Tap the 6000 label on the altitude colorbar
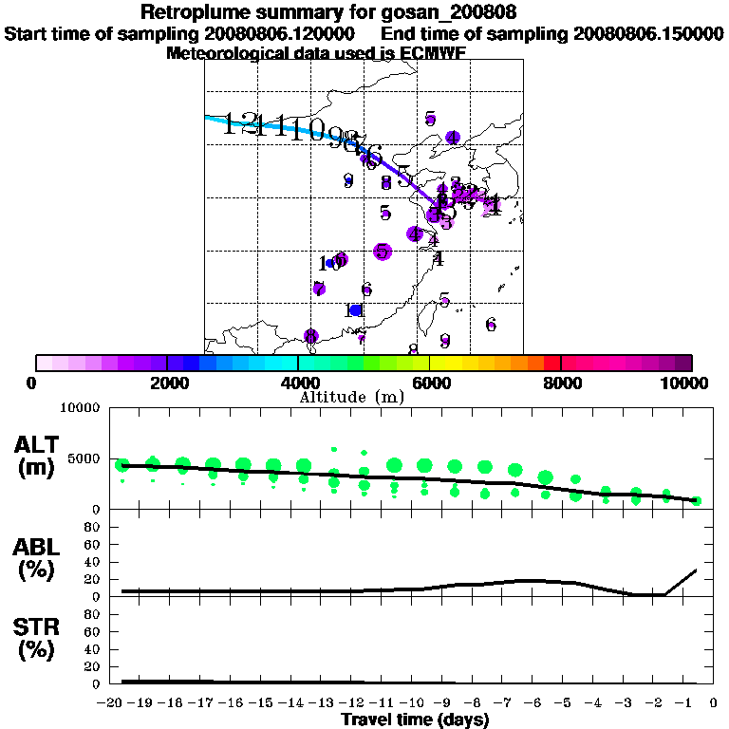430,383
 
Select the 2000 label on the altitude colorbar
167,383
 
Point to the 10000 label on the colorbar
685,383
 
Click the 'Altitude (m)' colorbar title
351,397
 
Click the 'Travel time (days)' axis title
415,720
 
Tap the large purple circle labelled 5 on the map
383,252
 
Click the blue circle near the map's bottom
356,310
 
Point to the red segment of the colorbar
551,363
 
